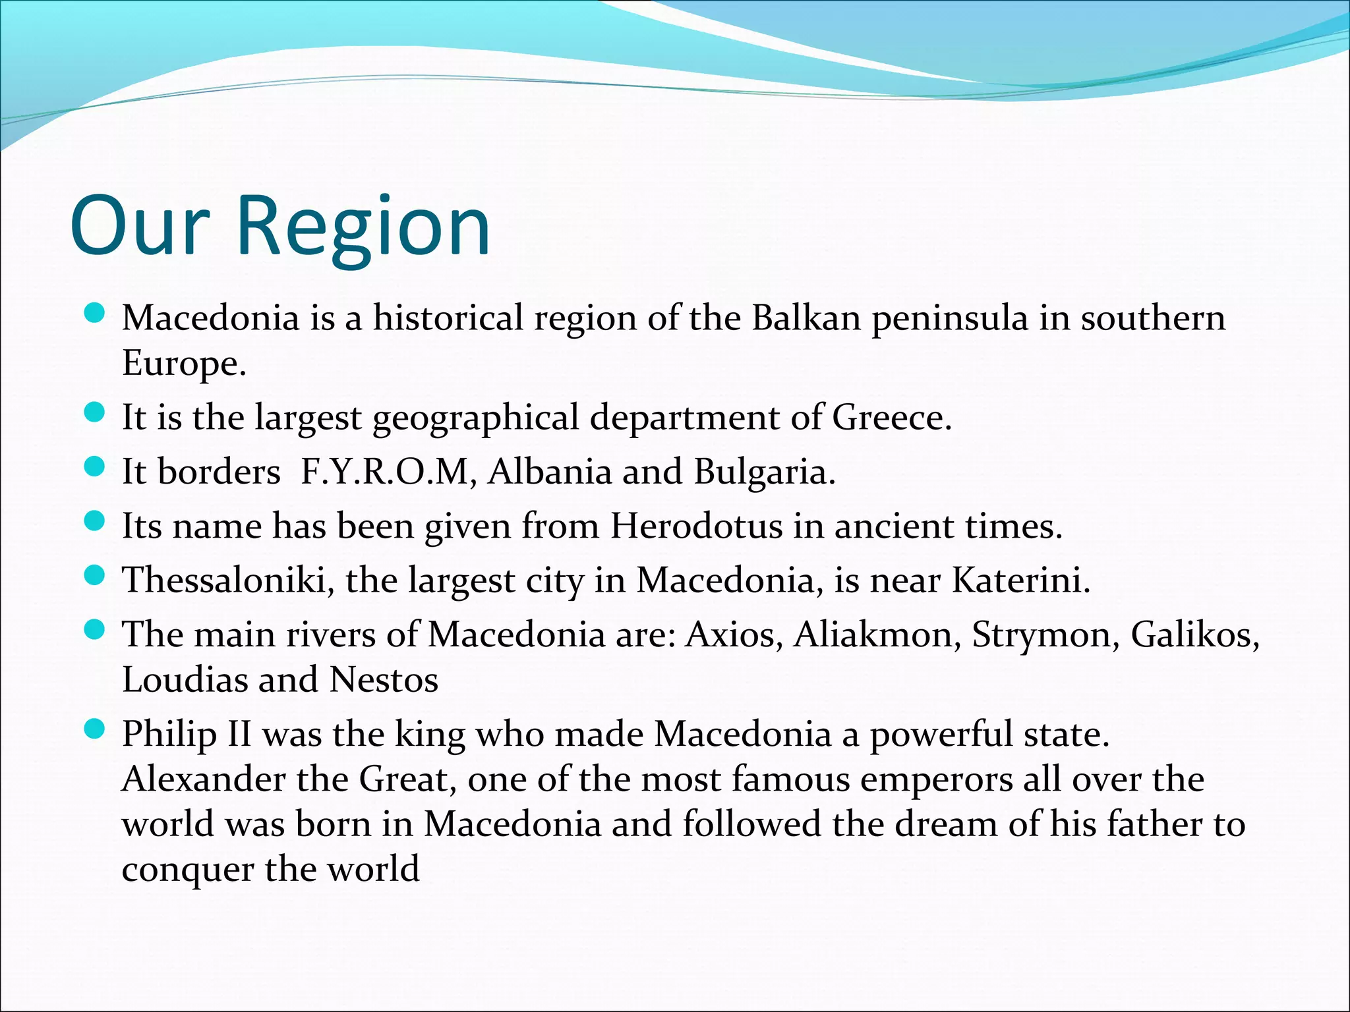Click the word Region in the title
point(363,227)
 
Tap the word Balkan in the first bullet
point(806,318)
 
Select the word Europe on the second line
point(184,364)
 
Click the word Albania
point(550,472)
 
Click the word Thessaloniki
point(228,580)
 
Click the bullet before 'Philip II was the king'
point(96,729)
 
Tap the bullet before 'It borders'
point(96,468)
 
